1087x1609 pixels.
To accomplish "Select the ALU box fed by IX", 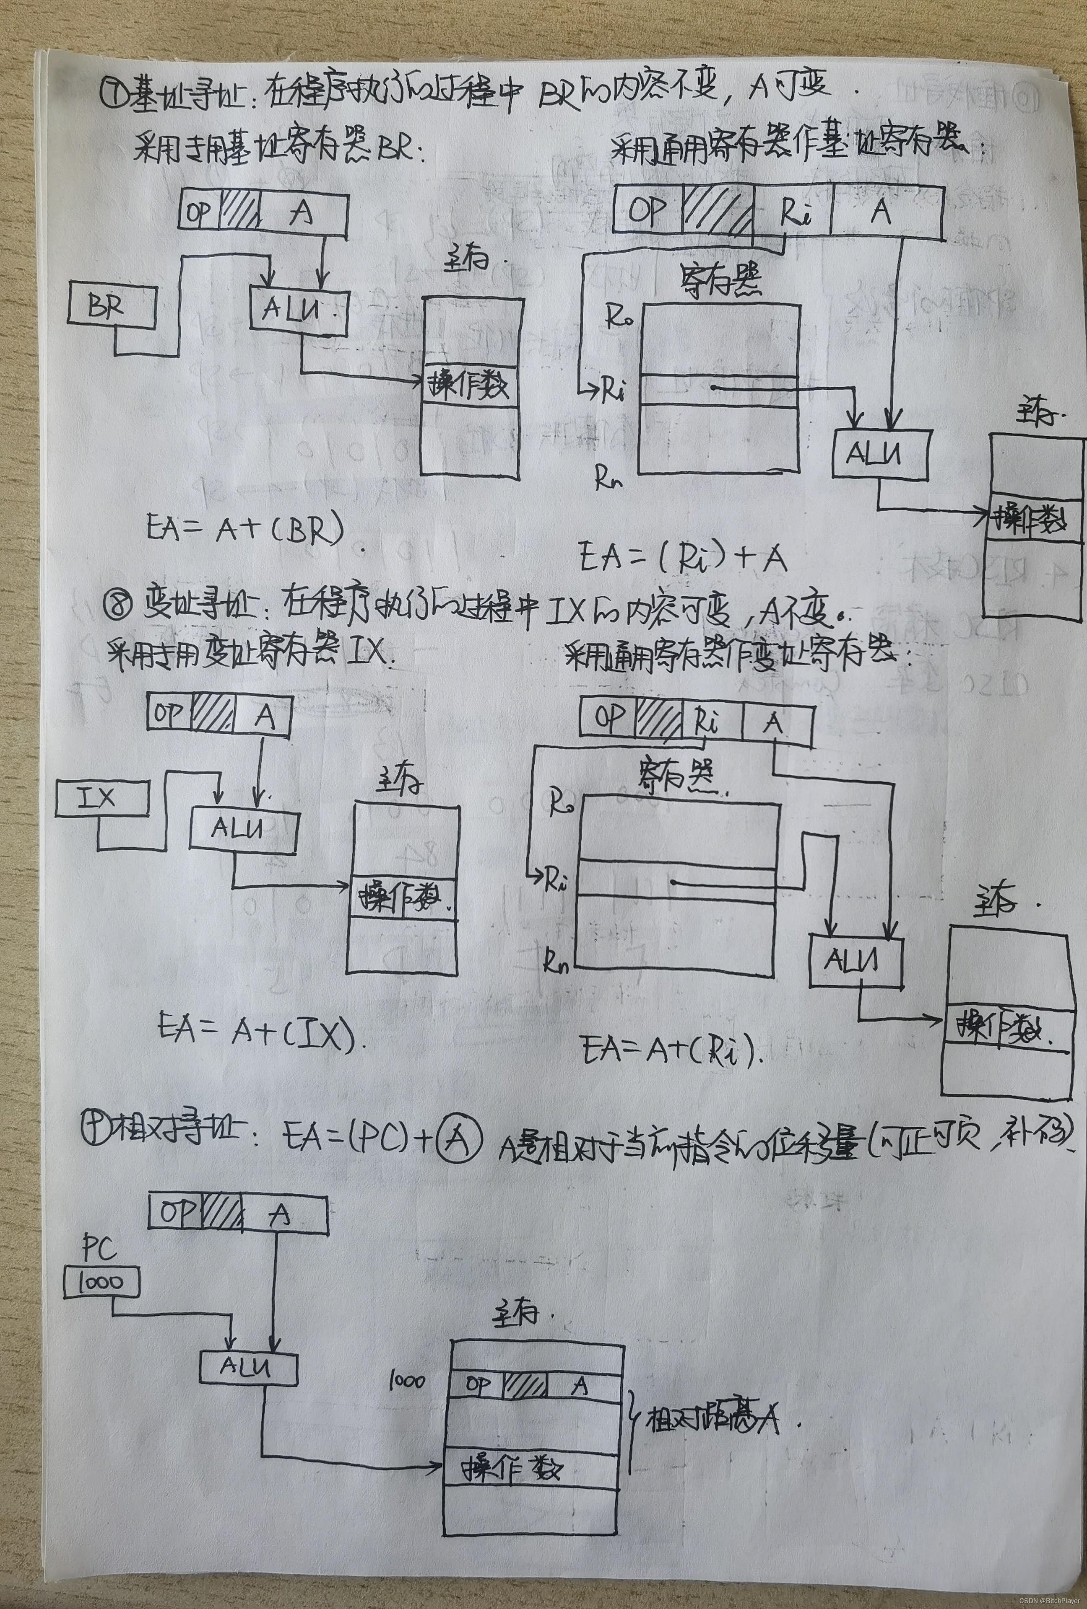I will tap(243, 829).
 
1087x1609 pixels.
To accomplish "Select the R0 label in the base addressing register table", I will tap(618, 318).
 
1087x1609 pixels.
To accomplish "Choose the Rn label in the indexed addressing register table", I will tap(557, 962).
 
